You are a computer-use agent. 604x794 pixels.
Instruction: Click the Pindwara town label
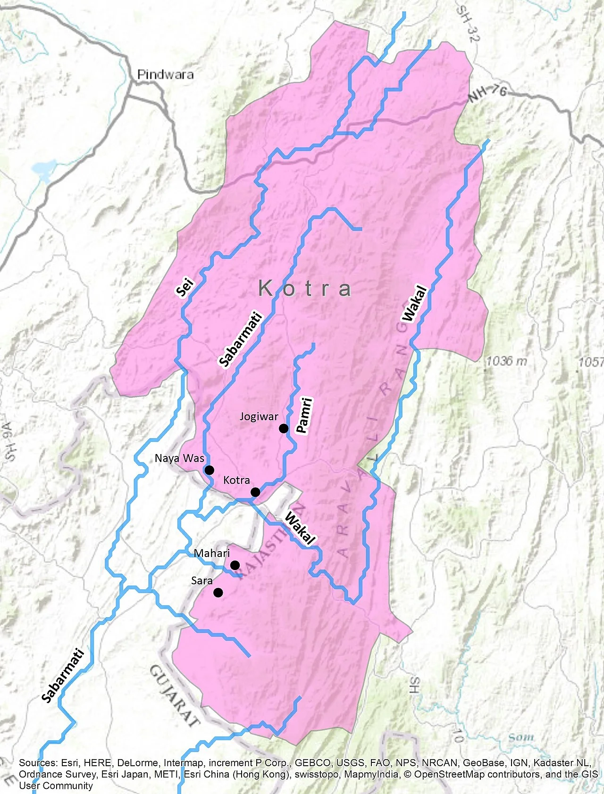click(x=165, y=74)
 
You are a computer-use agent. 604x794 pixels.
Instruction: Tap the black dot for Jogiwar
click(x=284, y=428)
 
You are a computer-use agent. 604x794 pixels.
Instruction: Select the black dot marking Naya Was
click(x=210, y=470)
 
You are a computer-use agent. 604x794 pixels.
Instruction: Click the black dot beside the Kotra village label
click(x=255, y=492)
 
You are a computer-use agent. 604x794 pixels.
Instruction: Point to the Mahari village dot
click(x=235, y=565)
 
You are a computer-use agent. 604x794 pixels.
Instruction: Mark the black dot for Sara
click(x=218, y=593)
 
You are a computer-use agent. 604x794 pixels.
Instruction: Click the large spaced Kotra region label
click(x=305, y=289)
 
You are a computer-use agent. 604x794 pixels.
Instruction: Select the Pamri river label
click(x=303, y=415)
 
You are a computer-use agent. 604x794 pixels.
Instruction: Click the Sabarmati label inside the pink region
click(x=240, y=339)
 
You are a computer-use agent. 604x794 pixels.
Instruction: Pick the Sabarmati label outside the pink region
click(x=63, y=676)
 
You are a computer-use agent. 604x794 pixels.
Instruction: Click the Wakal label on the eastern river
click(x=414, y=304)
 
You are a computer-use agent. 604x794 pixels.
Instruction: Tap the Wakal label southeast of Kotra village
click(x=300, y=529)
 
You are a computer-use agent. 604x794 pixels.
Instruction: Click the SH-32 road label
click(x=468, y=24)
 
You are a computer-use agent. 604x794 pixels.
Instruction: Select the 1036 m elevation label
click(x=506, y=361)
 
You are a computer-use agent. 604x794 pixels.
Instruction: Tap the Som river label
click(x=521, y=737)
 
